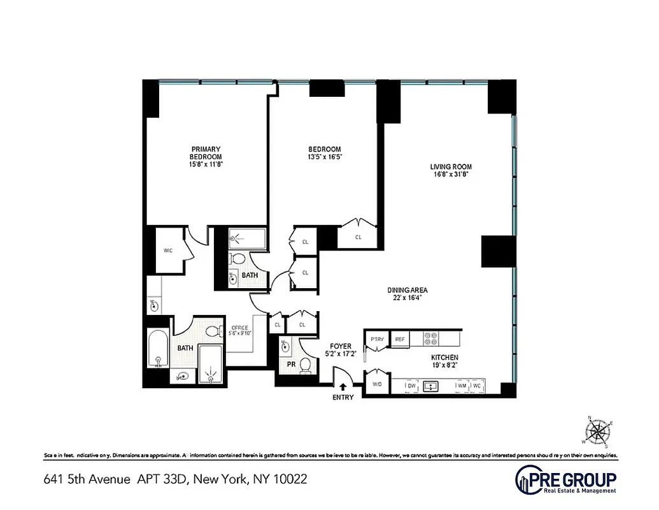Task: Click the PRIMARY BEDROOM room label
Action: (x=205, y=153)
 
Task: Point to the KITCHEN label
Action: (x=444, y=358)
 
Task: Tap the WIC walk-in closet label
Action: (x=168, y=251)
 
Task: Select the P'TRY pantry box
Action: (x=377, y=339)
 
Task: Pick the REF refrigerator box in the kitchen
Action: (x=400, y=339)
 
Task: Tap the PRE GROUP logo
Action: (x=565, y=479)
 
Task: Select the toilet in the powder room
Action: (x=306, y=365)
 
